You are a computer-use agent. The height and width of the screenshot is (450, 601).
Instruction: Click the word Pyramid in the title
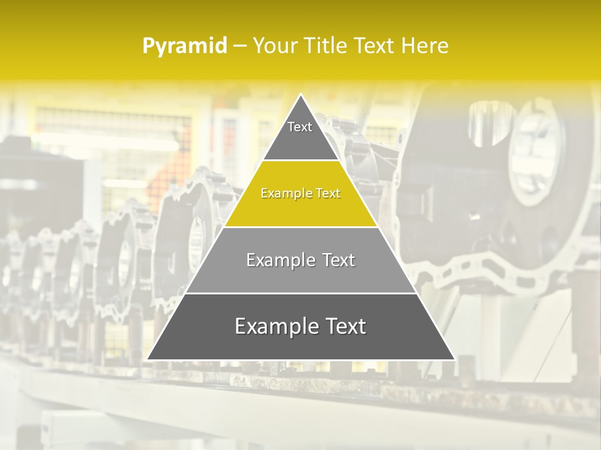(184, 46)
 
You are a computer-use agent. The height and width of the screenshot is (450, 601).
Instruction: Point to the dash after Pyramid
(240, 46)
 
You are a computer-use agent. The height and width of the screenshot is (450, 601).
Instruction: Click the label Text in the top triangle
(300, 127)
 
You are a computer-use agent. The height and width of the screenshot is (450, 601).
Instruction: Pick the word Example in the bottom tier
(274, 326)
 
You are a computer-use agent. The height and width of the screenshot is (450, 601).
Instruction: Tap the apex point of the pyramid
(301, 95)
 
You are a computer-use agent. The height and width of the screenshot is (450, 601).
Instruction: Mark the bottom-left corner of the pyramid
(148, 359)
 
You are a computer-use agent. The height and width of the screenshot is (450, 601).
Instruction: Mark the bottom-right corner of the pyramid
(455, 359)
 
